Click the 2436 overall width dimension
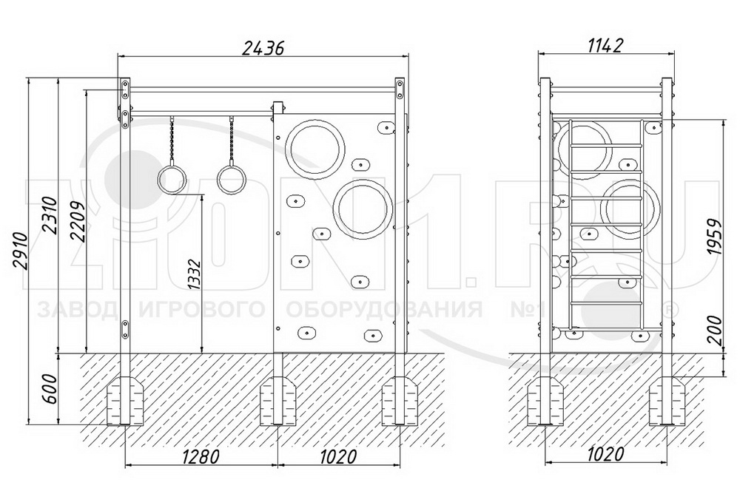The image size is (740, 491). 263,47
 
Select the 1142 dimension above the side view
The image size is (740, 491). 606,45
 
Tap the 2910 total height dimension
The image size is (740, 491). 20,251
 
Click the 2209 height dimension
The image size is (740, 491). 78,222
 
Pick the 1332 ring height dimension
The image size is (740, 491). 194,274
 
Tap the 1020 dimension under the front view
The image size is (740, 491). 337,456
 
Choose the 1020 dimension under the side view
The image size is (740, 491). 605,454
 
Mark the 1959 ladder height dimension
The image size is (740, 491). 716,237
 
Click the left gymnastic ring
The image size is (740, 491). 172,179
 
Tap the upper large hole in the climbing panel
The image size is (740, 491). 315,149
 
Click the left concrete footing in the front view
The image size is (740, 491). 126,400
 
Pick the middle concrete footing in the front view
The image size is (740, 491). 278,400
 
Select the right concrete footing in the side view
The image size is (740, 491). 667,400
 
